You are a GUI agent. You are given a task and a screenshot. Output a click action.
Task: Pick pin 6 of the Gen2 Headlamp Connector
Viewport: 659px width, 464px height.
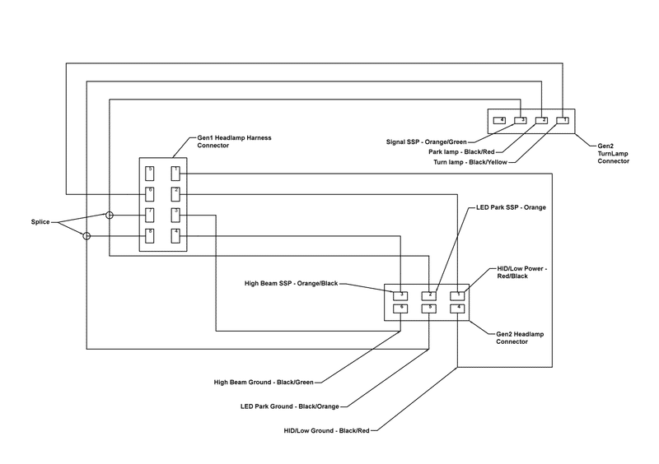400,309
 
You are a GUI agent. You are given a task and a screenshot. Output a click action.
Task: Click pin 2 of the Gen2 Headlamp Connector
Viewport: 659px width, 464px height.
429,295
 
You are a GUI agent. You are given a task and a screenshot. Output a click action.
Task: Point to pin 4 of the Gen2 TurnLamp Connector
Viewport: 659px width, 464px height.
499,121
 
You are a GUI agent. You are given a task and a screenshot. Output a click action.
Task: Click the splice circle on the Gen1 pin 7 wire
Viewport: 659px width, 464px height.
109,216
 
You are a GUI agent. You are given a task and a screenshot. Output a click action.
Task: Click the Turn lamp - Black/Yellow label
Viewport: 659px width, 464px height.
470,163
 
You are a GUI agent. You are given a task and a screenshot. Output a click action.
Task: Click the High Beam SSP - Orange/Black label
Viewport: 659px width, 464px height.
292,284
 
